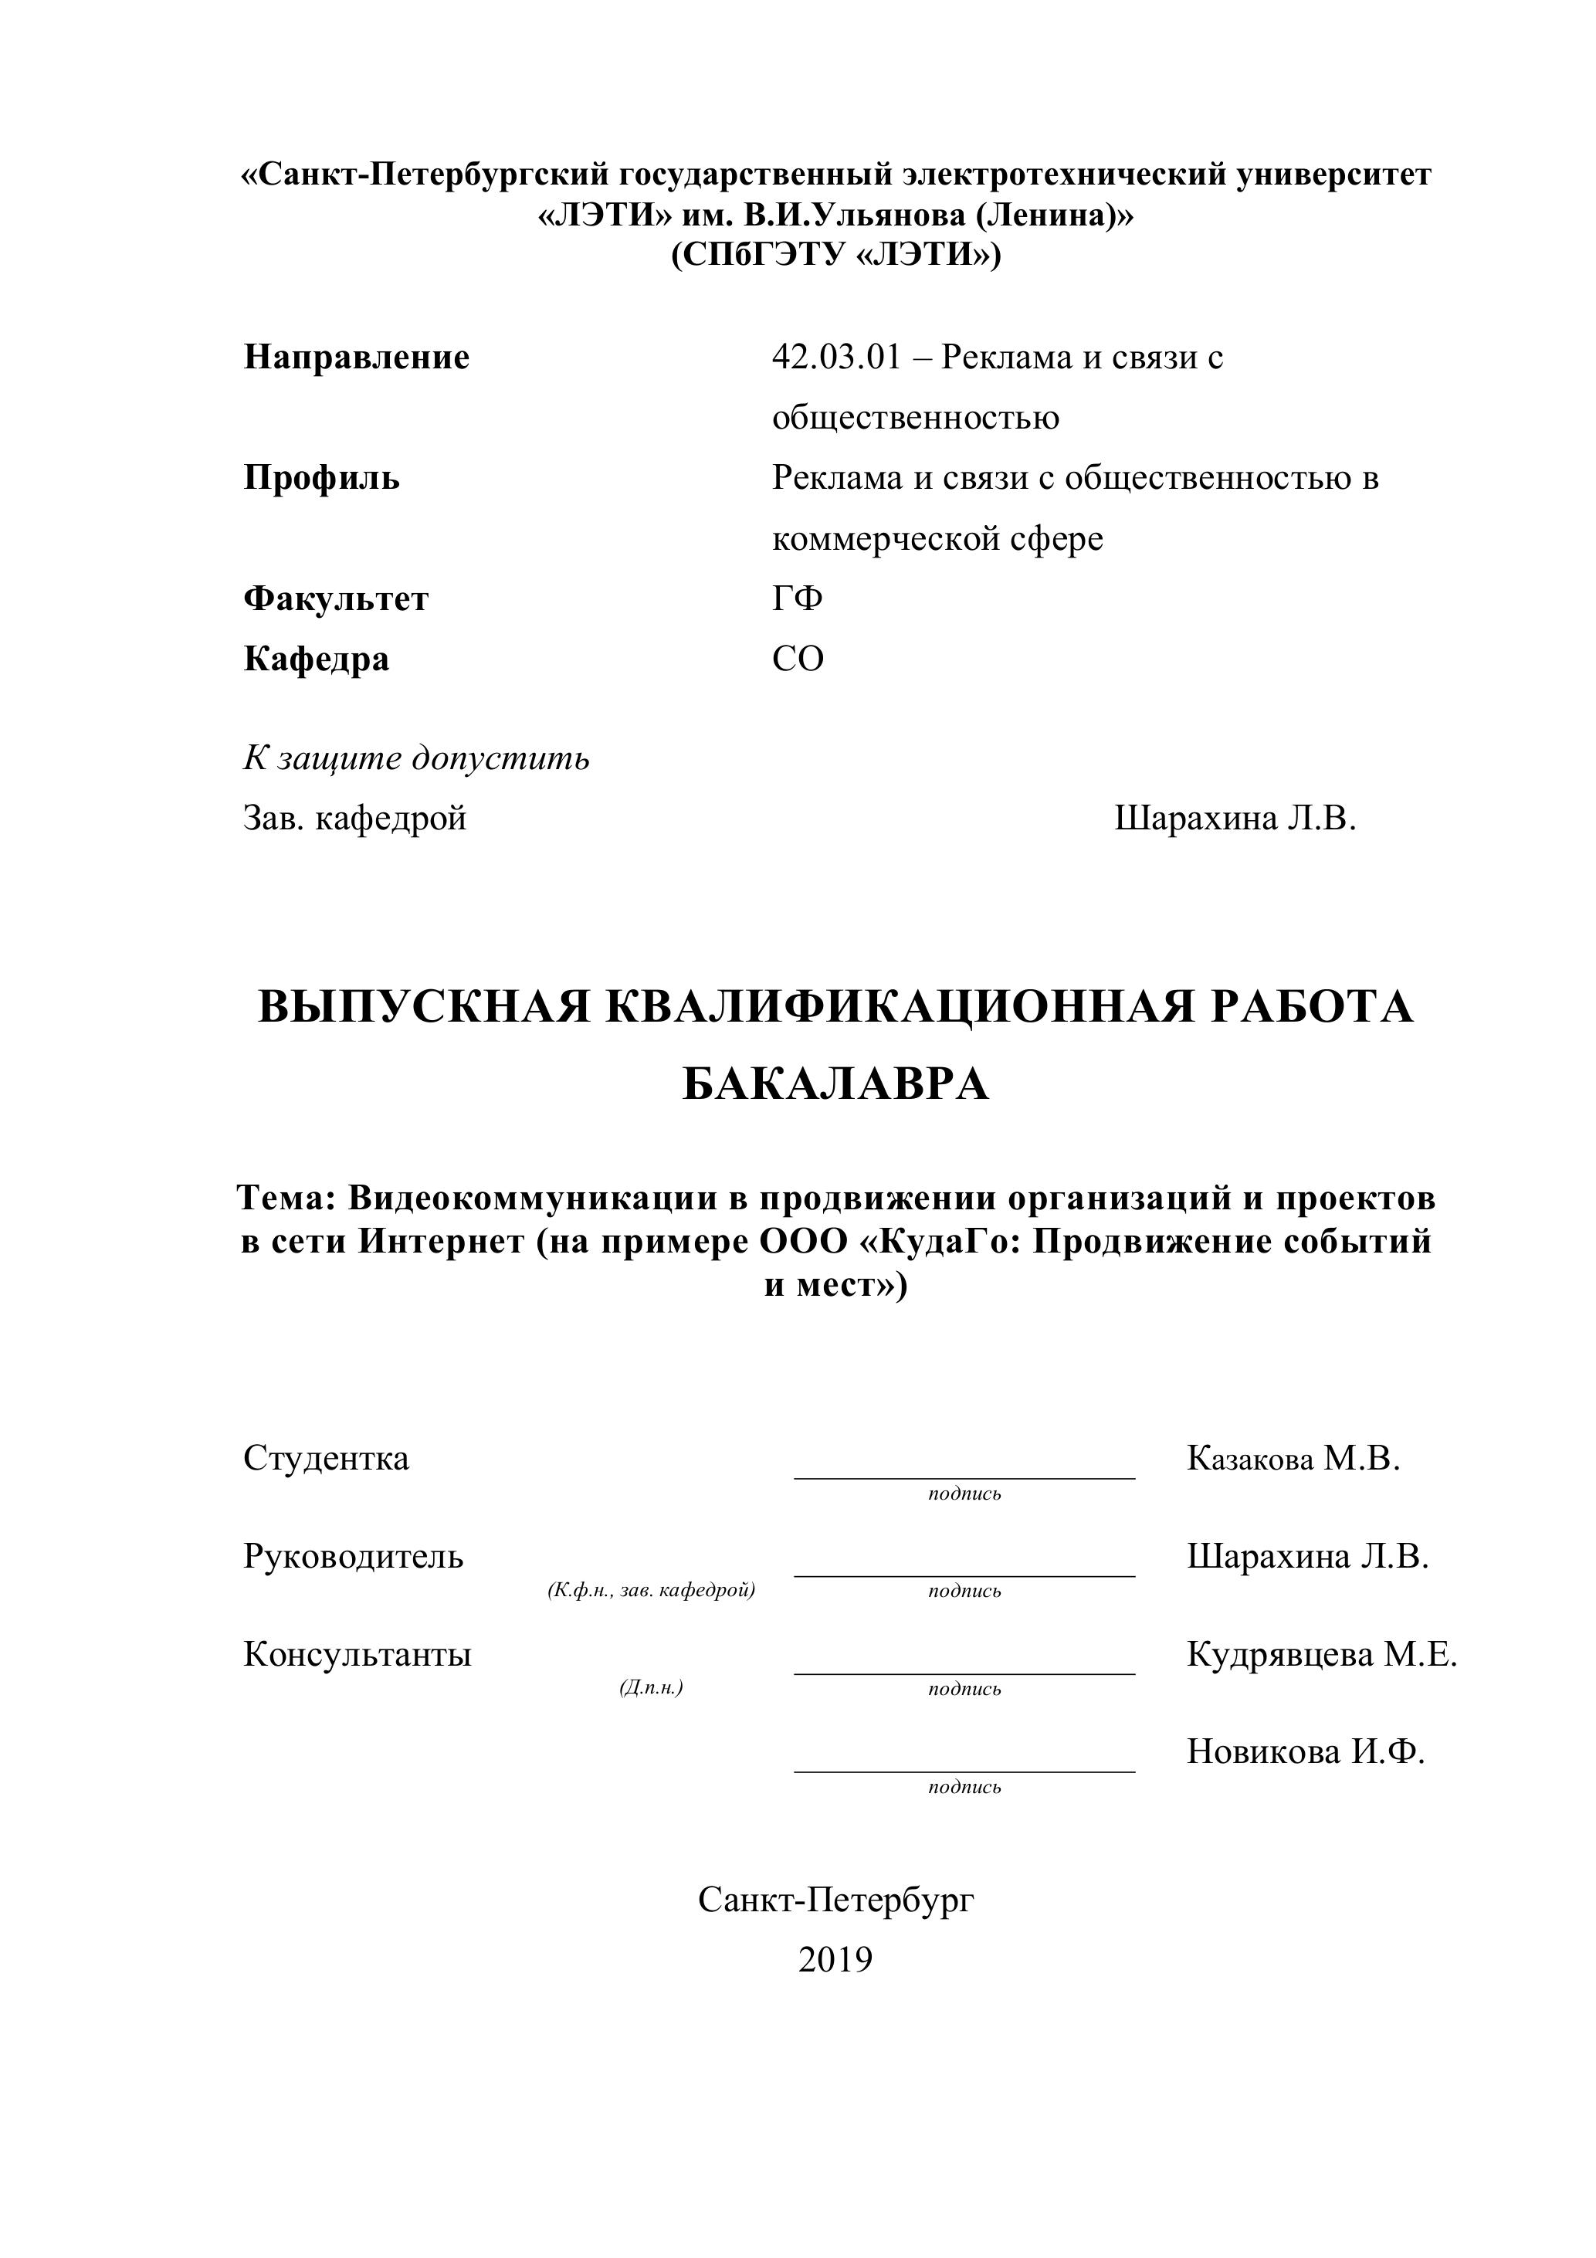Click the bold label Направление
(356, 357)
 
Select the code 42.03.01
(836, 357)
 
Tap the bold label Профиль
(321, 478)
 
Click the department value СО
(798, 658)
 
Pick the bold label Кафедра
(316, 658)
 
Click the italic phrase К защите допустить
(416, 758)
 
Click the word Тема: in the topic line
(287, 1198)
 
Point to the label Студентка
(326, 1457)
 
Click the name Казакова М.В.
(1293, 1457)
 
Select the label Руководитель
(353, 1556)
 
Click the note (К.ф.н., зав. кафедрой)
(651, 1590)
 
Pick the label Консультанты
(357, 1654)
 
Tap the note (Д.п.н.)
(651, 1687)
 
